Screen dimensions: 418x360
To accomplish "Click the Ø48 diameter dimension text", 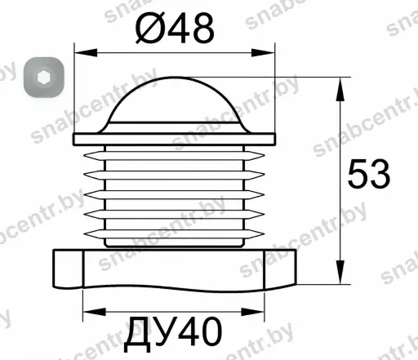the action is point(175,29).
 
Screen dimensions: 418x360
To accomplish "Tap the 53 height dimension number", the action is point(369,174).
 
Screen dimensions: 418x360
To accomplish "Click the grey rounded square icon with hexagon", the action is point(43,77).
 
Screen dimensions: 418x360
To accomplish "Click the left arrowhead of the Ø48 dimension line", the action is point(86,53).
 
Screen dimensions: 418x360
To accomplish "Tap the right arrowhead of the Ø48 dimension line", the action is point(263,53).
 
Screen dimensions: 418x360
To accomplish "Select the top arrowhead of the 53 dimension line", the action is point(340,89).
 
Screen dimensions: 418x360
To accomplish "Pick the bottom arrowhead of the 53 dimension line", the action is point(340,273).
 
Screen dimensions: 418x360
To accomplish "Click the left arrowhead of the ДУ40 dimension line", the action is point(94,312).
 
